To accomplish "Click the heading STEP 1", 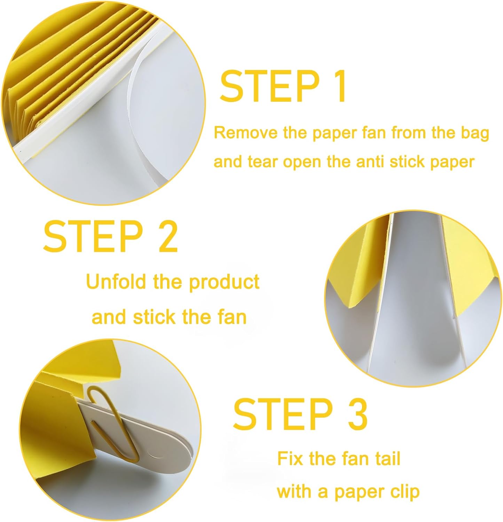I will pyautogui.click(x=283, y=86).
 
